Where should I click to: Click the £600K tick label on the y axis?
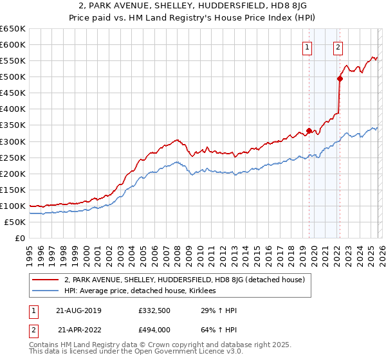13,44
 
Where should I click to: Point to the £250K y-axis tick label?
13,157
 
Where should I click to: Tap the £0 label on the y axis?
19,238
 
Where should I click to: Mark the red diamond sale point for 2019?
309,130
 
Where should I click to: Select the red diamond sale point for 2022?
340,78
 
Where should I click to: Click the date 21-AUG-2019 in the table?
80,310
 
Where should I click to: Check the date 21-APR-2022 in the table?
80,330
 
